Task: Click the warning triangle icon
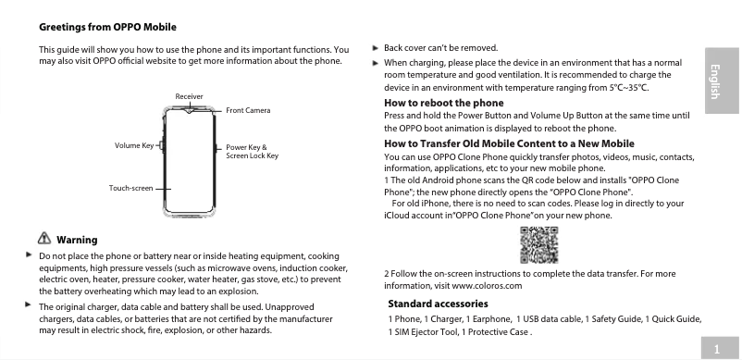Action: (43, 241)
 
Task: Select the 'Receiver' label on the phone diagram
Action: (189, 96)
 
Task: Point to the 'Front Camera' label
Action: (248, 111)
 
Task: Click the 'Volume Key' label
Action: (134, 146)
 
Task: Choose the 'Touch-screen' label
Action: (130, 188)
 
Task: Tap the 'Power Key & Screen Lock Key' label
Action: (252, 152)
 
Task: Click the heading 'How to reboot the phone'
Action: (443, 102)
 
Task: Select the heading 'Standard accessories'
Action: (438, 304)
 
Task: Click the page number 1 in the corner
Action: (718, 348)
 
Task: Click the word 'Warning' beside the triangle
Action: (77, 241)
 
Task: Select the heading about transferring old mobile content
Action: (508, 143)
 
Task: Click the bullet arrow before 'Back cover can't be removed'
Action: (375, 46)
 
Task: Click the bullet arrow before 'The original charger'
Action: (29, 304)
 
